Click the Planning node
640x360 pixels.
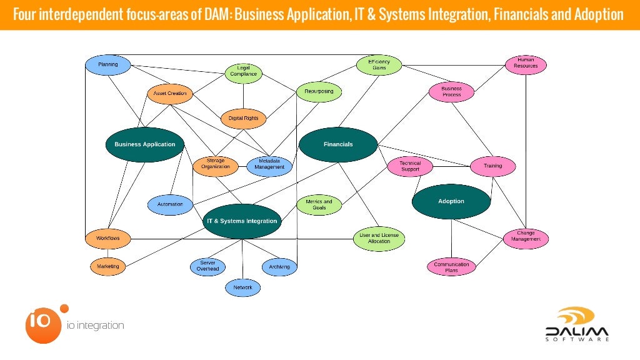pos(107,65)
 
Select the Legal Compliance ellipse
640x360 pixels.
pos(243,74)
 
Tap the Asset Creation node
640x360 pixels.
pos(170,94)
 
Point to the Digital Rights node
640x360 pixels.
pos(243,118)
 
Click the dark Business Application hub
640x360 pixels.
pos(145,144)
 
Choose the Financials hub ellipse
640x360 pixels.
pos(338,144)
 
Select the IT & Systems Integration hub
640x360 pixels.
pos(242,221)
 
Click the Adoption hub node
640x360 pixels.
pos(451,201)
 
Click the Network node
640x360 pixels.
pos(242,287)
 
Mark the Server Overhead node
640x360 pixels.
pos(207,266)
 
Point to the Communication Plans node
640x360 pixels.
pos(451,267)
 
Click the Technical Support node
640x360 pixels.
pos(410,166)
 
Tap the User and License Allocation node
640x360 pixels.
pos(379,238)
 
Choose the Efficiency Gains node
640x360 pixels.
pos(379,64)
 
